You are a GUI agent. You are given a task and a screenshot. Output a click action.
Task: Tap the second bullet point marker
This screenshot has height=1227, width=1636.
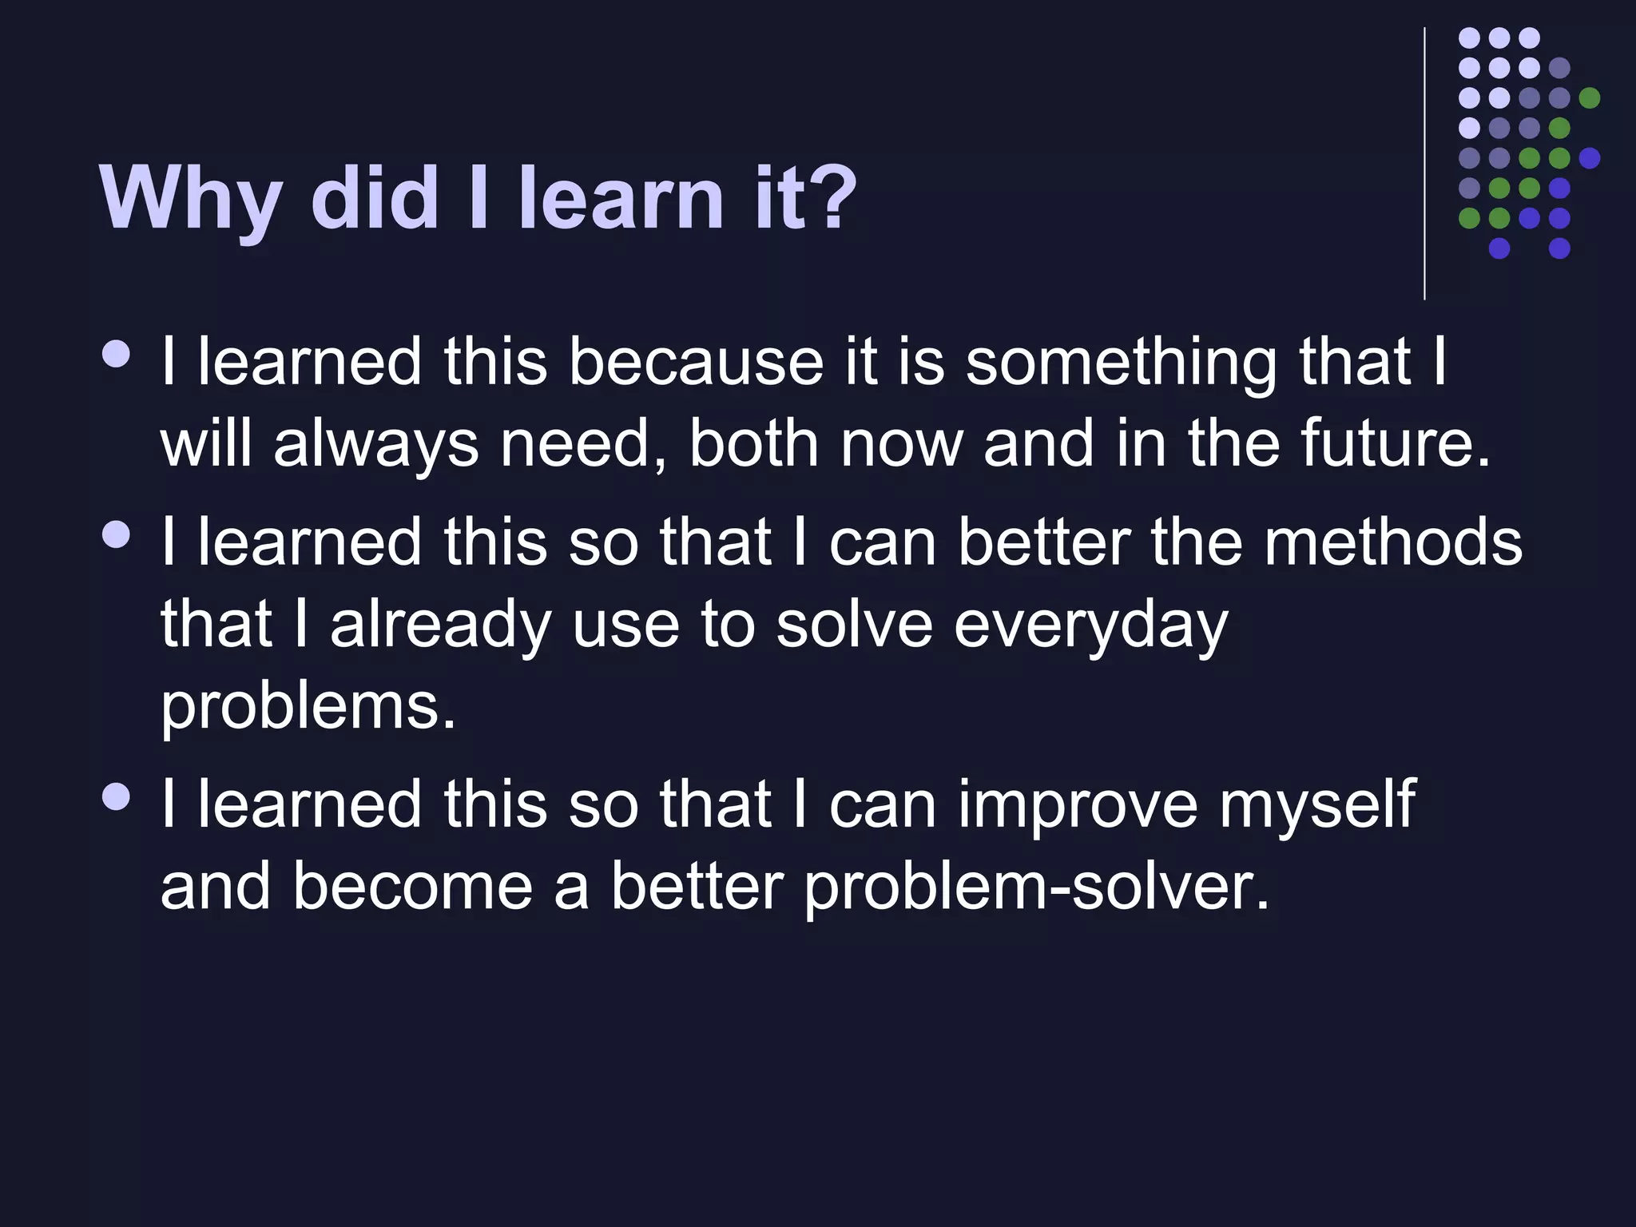[117, 534]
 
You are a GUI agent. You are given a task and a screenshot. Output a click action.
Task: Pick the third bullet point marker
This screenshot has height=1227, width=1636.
[117, 796]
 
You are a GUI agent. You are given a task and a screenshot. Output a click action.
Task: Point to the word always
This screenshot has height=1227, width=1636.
[375, 446]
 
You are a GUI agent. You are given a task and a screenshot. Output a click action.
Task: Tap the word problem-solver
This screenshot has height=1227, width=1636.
[1036, 888]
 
